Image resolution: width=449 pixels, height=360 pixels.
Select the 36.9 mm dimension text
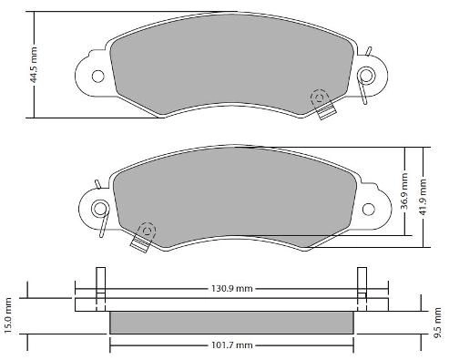[404, 193]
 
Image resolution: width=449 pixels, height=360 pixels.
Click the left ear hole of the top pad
[95, 74]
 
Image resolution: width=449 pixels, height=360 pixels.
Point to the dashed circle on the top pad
[318, 97]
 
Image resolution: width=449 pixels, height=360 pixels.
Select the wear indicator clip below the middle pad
[140, 242]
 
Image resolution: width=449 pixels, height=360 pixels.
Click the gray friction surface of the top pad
[228, 68]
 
